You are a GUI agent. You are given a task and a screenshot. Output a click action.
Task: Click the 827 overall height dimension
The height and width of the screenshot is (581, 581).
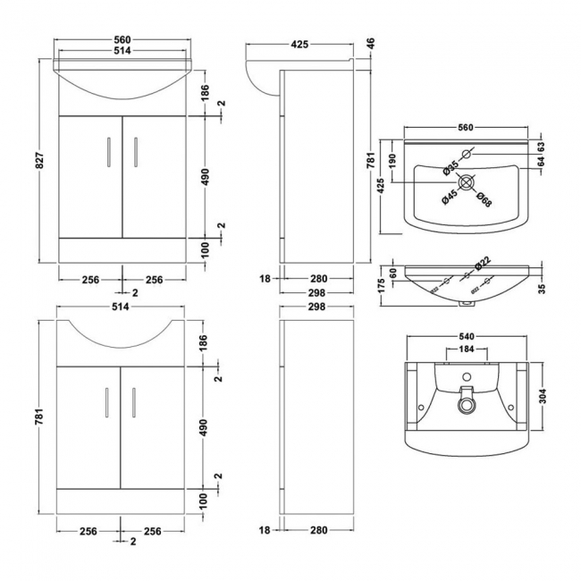pos(40,162)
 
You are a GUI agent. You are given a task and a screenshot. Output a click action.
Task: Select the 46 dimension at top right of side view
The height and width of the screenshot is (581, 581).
pos(369,42)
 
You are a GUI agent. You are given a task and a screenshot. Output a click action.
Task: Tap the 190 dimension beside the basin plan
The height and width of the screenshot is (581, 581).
pos(392,160)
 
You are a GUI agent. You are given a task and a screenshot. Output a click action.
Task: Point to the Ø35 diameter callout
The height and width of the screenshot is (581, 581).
pos(451,164)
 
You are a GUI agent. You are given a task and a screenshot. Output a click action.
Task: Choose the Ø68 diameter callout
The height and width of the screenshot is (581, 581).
pos(483,201)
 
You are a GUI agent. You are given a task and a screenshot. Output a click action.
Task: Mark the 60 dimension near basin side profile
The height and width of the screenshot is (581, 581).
pos(392,272)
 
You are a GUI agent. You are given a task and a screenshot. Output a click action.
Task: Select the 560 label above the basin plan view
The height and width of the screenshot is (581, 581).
pos(464,128)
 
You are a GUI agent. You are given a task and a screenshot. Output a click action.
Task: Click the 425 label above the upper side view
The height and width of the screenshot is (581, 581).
pos(301,42)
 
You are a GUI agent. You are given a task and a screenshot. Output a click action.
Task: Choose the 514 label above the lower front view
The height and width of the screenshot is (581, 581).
pos(121,307)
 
